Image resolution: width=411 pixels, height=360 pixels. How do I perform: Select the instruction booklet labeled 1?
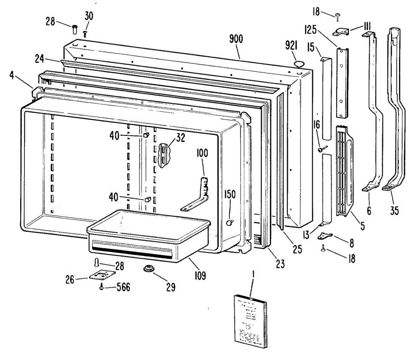pos(250,321)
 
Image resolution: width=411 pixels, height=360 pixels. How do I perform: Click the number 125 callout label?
pos(310,30)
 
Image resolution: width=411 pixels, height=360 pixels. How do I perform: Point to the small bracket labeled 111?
pos(341,32)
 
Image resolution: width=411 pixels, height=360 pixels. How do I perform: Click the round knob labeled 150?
pos(229,223)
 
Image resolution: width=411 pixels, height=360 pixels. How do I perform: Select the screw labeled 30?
pos(85,34)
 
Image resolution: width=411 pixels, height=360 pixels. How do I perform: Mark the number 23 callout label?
pos(281,264)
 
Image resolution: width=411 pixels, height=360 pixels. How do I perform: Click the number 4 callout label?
pos(12,75)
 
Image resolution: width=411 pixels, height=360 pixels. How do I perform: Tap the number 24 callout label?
pos(40,59)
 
